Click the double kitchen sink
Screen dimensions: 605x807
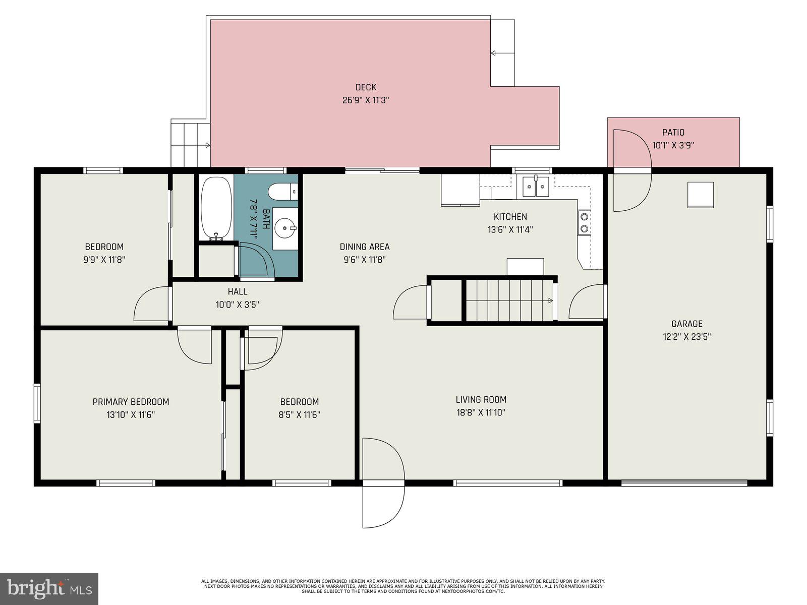pos(536,186)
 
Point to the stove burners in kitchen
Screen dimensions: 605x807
pos(584,222)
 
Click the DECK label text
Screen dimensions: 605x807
pos(366,87)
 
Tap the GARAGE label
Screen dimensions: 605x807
pos(686,324)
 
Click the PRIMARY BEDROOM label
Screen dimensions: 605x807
pos(131,402)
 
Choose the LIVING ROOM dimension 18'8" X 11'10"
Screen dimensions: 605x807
pos(481,413)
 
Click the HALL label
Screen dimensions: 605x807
pos(237,291)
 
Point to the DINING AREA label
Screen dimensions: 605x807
pos(364,247)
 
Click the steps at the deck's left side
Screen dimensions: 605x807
pos(190,144)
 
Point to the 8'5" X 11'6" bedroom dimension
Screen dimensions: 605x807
pos(300,415)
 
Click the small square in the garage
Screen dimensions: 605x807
pos(701,195)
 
